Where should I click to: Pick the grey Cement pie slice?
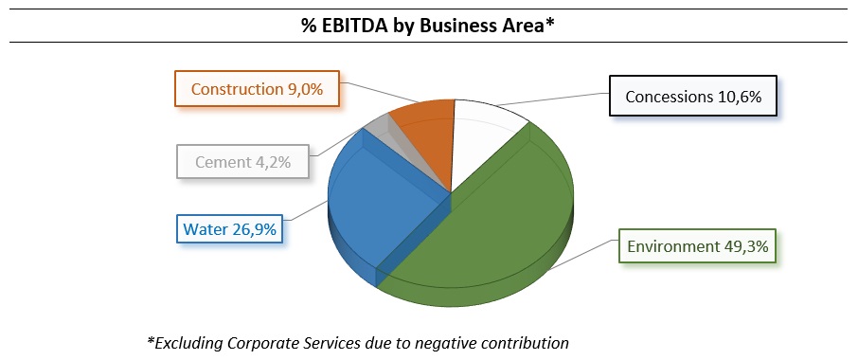pos(379,127)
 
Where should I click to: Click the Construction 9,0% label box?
pos(257,89)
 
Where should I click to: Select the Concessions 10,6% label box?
pos(693,97)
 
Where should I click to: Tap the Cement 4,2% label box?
pos(244,161)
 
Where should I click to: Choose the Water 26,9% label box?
pos(231,229)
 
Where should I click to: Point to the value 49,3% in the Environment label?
pos(750,247)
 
